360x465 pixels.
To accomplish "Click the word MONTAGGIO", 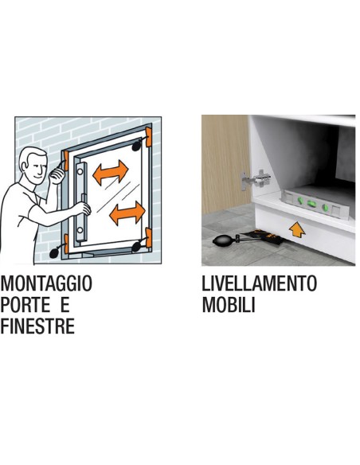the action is pos(46,283).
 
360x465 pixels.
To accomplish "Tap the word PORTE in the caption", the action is pos(25,305).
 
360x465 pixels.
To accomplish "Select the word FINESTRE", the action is pos(37,326).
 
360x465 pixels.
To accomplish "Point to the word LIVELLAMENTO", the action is pos(259,283).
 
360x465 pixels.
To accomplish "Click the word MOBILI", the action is pos(229,305).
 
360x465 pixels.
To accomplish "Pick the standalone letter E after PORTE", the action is pos(65,305).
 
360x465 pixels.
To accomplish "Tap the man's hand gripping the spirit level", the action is pos(84,208).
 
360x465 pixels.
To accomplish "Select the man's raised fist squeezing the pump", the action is pos(57,175).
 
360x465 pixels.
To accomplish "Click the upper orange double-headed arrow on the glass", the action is pos(111,172).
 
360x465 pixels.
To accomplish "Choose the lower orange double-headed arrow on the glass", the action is pos(127,213).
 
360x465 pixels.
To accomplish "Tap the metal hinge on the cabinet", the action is pos(255,180).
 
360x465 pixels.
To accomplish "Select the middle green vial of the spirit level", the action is pos(311,204).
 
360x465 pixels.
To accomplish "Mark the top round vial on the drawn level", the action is pos(80,171).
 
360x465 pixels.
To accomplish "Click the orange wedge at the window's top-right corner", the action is pos(149,137).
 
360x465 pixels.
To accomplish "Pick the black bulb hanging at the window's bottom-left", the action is pos(55,252).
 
